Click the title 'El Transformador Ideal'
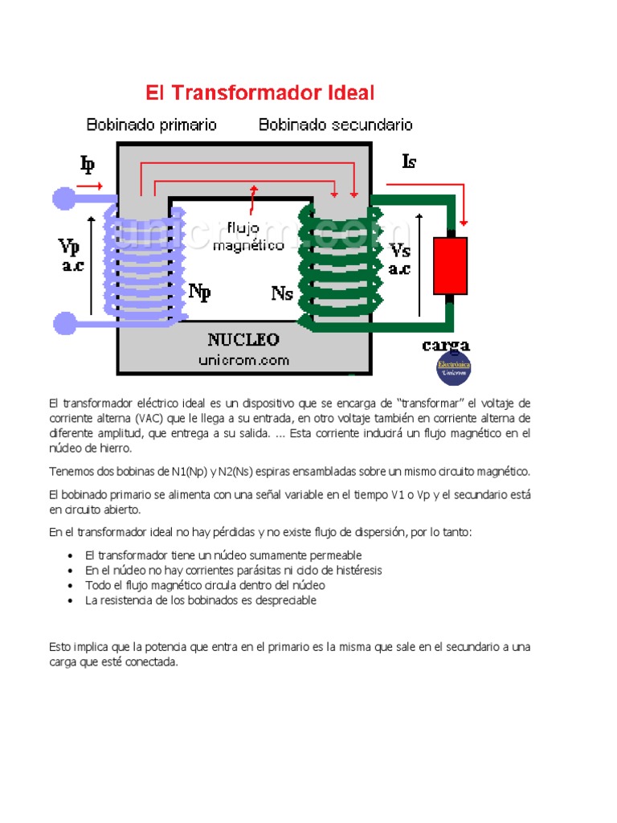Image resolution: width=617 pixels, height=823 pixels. [x=259, y=92]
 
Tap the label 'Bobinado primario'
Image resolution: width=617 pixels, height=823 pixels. [x=151, y=125]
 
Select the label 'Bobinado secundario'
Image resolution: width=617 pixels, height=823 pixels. [x=335, y=125]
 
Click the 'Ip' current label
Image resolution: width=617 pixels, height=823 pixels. [x=87, y=165]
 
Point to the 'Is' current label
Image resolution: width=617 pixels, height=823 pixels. [x=409, y=162]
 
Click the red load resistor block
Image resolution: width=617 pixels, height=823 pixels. [x=450, y=265]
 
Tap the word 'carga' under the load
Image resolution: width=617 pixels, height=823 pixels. [x=446, y=346]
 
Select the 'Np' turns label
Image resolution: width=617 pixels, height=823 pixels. [x=199, y=291]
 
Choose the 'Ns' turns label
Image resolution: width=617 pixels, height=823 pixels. [x=282, y=293]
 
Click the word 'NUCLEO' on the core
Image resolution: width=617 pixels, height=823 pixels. [x=243, y=339]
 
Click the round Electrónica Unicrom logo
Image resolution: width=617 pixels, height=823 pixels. [x=453, y=369]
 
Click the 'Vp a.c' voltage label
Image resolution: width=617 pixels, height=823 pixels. [x=72, y=255]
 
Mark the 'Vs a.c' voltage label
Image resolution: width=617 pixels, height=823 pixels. [x=399, y=259]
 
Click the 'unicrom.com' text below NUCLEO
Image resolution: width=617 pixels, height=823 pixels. [x=243, y=360]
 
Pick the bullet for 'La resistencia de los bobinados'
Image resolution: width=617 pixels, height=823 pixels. [x=72, y=601]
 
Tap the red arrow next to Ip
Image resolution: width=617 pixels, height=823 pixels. [x=89, y=186]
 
